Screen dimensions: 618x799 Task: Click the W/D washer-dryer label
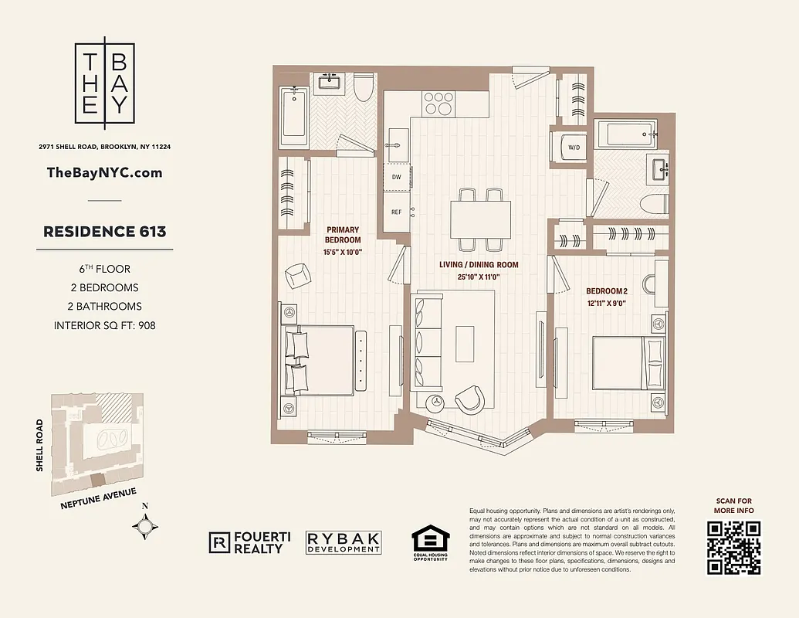(x=574, y=147)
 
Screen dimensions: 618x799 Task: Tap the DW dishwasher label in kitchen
(x=396, y=177)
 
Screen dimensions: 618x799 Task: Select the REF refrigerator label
(x=396, y=212)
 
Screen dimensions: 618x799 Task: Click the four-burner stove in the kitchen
(x=439, y=103)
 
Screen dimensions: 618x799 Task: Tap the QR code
(x=733, y=548)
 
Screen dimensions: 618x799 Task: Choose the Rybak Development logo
(x=344, y=542)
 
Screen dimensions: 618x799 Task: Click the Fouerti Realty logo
(x=246, y=543)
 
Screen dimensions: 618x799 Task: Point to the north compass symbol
(x=146, y=525)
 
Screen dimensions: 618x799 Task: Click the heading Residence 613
(x=104, y=232)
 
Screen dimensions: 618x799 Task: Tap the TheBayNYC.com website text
(x=104, y=172)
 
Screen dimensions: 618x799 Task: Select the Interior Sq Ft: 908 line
(x=104, y=325)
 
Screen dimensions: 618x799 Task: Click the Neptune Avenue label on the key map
(x=98, y=500)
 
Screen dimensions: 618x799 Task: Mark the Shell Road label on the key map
(x=41, y=445)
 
